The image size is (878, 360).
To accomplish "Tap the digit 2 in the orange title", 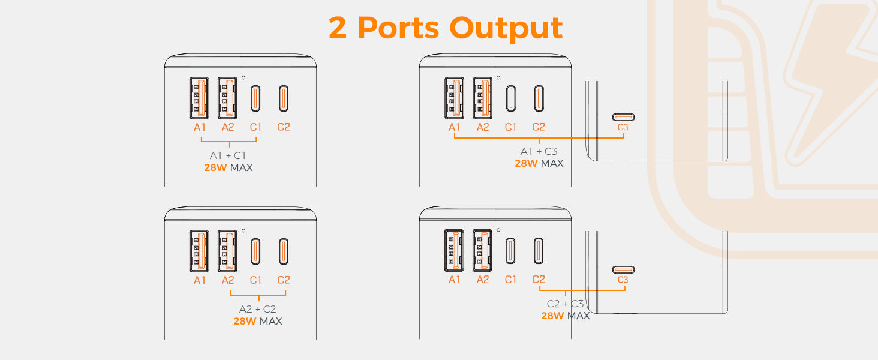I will [338, 28].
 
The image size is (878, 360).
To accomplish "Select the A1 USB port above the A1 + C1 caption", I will [199, 98].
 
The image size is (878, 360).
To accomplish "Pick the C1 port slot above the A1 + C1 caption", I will [255, 98].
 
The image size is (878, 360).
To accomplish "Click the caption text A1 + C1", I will [228, 155].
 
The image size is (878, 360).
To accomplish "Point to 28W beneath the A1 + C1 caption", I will [215, 167].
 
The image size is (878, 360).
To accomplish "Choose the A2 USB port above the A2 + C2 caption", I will [227, 251].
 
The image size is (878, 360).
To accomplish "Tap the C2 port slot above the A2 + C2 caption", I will [284, 251].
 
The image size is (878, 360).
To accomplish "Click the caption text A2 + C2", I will [257, 309].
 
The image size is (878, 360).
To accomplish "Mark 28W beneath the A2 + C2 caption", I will [245, 321].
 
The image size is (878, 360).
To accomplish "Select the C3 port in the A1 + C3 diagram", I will [623, 117].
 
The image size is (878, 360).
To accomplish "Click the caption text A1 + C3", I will [539, 151].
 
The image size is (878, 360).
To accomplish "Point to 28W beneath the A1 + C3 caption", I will [526, 163].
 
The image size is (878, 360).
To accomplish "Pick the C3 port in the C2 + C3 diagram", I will [623, 269].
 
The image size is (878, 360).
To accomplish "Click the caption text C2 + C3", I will [565, 304].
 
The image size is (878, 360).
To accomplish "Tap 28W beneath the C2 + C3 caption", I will [552, 316].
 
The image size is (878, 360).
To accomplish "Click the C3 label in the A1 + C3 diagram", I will [623, 127].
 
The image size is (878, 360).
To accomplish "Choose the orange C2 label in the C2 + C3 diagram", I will [539, 280].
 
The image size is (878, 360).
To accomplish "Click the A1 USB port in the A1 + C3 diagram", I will [454, 98].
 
